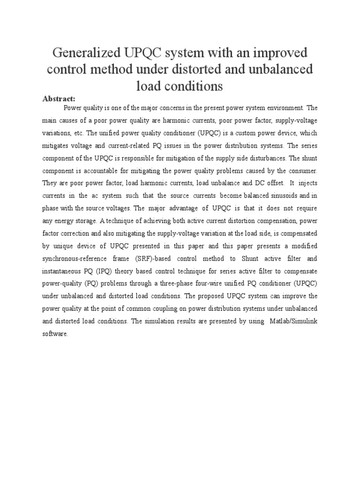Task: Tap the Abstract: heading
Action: point(59,98)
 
